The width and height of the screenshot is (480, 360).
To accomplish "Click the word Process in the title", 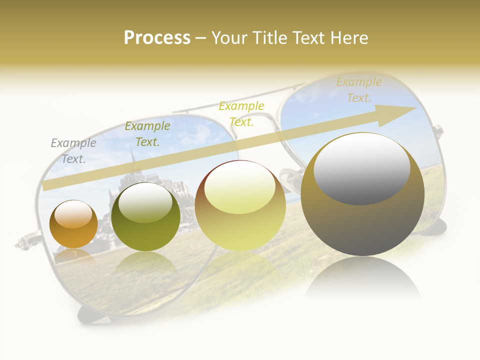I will click(x=157, y=38).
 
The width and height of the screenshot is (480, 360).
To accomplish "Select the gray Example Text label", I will click(x=73, y=151).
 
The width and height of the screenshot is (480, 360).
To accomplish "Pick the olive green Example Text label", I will click(x=147, y=134).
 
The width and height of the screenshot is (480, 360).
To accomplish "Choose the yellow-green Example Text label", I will click(x=241, y=114).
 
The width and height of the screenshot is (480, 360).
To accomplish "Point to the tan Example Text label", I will click(x=359, y=90).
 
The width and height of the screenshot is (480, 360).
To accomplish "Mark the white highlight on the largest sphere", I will click(x=362, y=167).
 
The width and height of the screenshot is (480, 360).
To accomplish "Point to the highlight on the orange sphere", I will click(x=73, y=214).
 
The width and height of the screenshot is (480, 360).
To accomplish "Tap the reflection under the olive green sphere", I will click(x=145, y=262).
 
